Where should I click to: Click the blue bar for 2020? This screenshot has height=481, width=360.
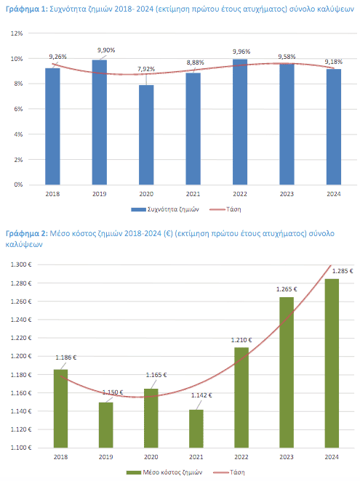pyautogui.click(x=146, y=134)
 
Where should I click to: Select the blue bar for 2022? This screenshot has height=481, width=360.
pyautogui.click(x=240, y=122)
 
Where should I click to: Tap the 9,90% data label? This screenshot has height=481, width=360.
pyautogui.click(x=106, y=50)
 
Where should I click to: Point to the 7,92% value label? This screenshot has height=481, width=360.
pyautogui.click(x=146, y=69)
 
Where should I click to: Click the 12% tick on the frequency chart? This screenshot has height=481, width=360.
pyautogui.click(x=17, y=33)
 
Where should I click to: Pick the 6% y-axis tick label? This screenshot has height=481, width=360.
pyautogui.click(x=18, y=109)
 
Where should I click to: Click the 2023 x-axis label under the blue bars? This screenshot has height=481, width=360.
pyautogui.click(x=287, y=194)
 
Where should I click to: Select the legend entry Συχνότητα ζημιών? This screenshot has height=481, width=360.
pyautogui.click(x=165, y=209)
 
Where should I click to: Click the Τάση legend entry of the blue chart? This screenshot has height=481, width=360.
pyautogui.click(x=225, y=209)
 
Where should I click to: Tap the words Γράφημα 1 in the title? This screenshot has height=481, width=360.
pyautogui.click(x=27, y=9)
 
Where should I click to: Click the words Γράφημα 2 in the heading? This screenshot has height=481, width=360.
pyautogui.click(x=27, y=234)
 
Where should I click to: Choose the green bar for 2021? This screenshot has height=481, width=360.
pyautogui.click(x=196, y=429)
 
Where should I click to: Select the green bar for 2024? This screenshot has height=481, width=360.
pyautogui.click(x=332, y=363)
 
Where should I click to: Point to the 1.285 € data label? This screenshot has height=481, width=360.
pyautogui.click(x=343, y=271)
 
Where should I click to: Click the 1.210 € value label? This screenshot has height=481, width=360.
pyautogui.click(x=241, y=340)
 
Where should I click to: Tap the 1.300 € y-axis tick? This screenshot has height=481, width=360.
pyautogui.click(x=21, y=264)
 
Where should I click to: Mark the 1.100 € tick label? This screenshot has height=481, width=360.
pyautogui.click(x=21, y=448)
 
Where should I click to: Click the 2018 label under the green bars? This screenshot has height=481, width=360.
pyautogui.click(x=61, y=457)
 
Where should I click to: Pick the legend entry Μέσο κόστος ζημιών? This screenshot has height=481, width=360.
pyautogui.click(x=164, y=472)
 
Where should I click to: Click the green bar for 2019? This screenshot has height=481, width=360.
pyautogui.click(x=106, y=425)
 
